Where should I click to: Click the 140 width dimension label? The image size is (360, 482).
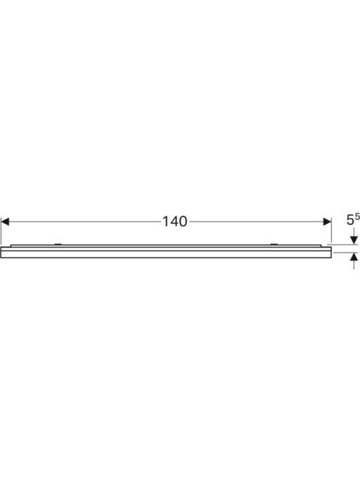[x=175, y=221]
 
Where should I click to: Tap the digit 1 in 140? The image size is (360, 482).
[x=165, y=221]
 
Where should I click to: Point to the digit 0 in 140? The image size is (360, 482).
[x=183, y=221]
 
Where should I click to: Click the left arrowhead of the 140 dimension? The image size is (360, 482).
[x=5, y=221]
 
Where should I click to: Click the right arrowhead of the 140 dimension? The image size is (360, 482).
[x=327, y=221]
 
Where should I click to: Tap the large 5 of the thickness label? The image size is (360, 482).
[x=350, y=220]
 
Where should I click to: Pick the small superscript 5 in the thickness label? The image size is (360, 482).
[x=357, y=217]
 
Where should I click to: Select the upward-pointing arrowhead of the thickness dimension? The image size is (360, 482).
[x=354, y=256]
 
